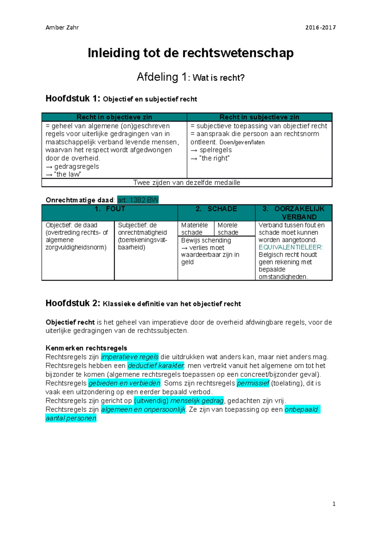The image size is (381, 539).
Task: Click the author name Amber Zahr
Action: pyautogui.click(x=62, y=27)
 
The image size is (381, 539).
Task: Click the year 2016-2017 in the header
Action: pyautogui.click(x=320, y=27)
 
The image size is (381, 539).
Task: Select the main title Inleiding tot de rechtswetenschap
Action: pyautogui.click(x=190, y=53)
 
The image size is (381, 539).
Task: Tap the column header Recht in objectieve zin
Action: pyautogui.click(x=114, y=117)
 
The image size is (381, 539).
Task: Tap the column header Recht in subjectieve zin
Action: pyautogui.click(x=259, y=117)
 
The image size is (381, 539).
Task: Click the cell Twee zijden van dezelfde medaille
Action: pyautogui.click(x=187, y=183)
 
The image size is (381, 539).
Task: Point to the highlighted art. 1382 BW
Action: pyautogui.click(x=138, y=200)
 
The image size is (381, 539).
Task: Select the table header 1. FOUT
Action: pyautogui.click(x=110, y=209)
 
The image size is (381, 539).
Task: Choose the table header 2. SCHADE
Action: pyautogui.click(x=216, y=209)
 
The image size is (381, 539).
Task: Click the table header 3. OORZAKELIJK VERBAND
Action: pyautogui.click(x=293, y=213)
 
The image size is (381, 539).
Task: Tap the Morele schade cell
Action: pyautogui.click(x=228, y=229)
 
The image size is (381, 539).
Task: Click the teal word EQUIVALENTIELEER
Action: pyautogui.click(x=291, y=247)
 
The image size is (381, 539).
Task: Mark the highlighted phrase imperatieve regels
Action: pyautogui.click(x=130, y=357)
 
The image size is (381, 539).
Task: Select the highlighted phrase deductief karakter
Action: pyautogui.click(x=156, y=366)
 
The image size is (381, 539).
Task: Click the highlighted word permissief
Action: pyautogui.click(x=253, y=383)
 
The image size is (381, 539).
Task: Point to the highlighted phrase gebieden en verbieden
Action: pyautogui.click(x=124, y=383)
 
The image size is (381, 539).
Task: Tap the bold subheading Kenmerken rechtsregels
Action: pyautogui.click(x=86, y=348)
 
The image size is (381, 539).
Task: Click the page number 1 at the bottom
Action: pyautogui.click(x=334, y=504)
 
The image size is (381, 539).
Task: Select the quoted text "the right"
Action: pyautogui.click(x=214, y=158)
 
